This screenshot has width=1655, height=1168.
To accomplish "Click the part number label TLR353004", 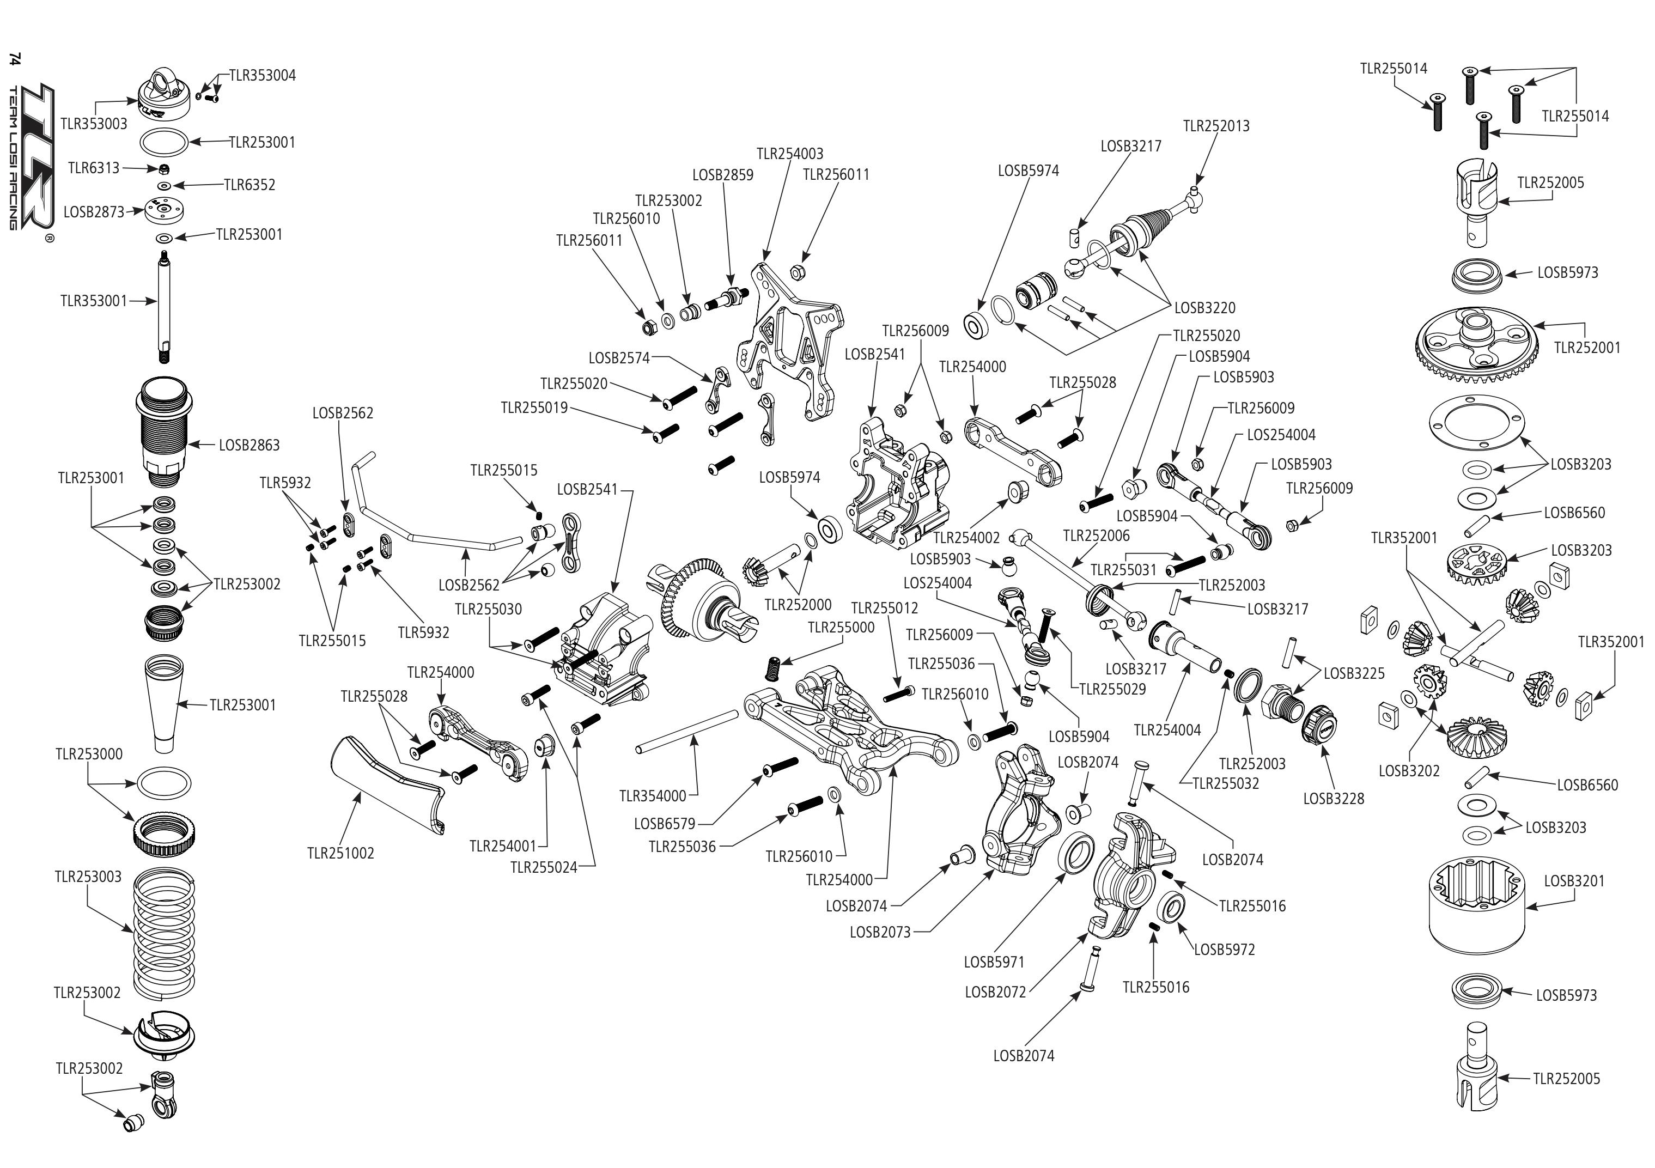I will click(x=263, y=76).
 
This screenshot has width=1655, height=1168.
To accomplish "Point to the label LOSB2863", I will click(x=250, y=446).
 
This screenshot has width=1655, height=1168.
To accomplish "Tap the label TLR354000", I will click(x=653, y=796).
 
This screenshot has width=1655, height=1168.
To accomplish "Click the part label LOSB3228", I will click(x=1334, y=799).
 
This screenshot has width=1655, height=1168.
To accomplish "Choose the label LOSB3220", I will click(x=1204, y=308).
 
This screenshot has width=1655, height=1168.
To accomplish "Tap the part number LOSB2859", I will click(x=722, y=175).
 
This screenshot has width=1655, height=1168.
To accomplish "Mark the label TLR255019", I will click(x=534, y=408).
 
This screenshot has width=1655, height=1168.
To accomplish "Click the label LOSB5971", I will click(x=994, y=962).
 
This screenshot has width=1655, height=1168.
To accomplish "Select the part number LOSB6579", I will click(x=665, y=823).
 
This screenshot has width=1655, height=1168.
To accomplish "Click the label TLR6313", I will click(x=94, y=168).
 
